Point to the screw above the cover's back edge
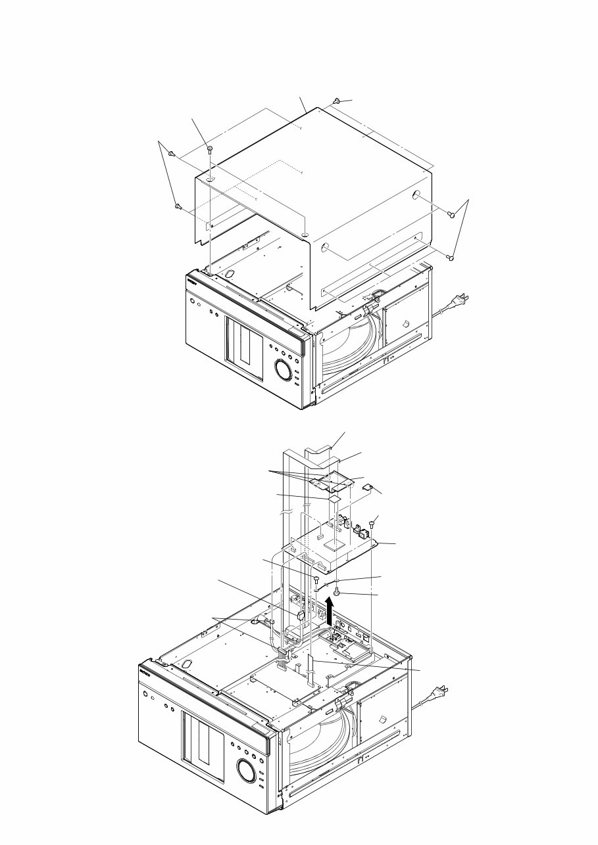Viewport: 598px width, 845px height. (336, 101)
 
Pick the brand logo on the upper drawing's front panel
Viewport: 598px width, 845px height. (193, 280)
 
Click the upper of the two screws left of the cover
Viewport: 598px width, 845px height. (172, 154)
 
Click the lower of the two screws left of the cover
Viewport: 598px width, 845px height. (178, 206)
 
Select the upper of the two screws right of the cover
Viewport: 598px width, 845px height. (451, 214)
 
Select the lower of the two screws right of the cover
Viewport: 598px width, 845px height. (451, 257)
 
